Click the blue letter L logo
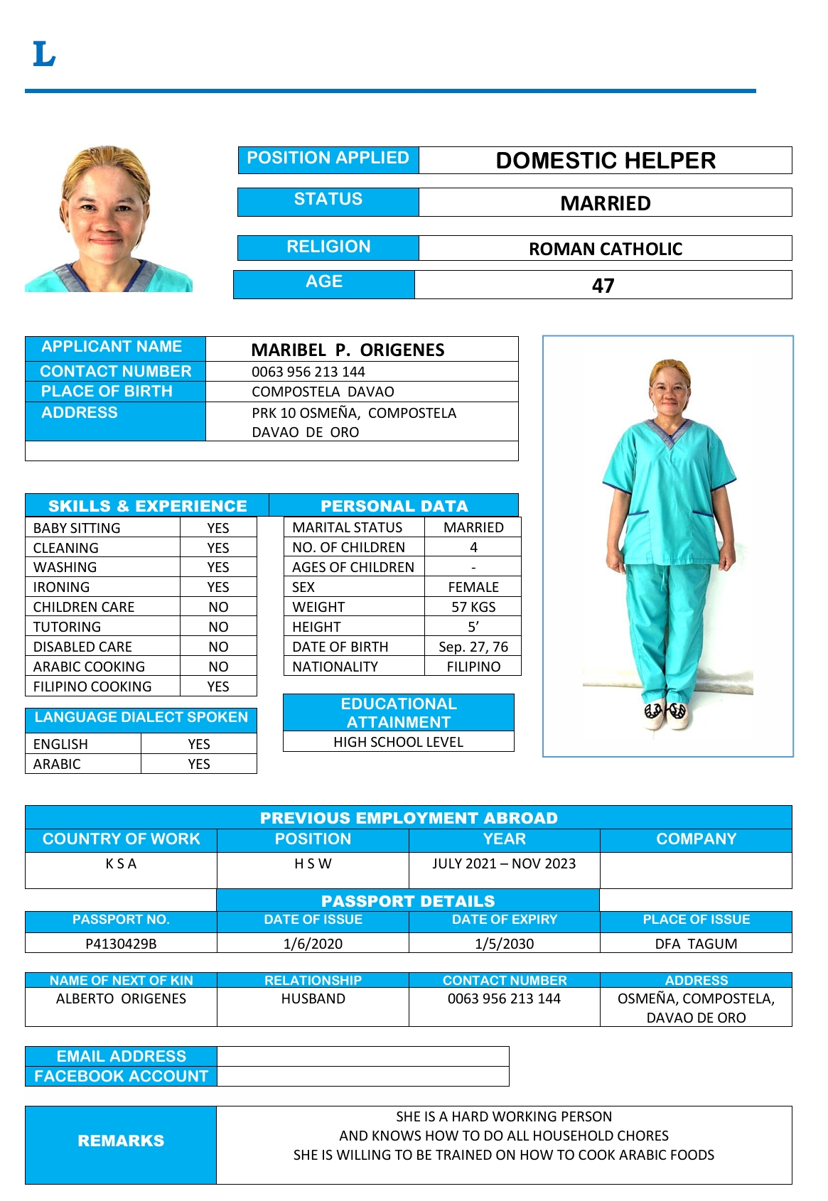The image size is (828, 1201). pyautogui.click(x=43, y=54)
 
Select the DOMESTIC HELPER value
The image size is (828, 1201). pyautogui.click(x=605, y=161)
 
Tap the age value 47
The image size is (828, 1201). pyautogui.click(x=603, y=286)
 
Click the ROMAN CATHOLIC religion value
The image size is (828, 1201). pyautogui.click(x=605, y=249)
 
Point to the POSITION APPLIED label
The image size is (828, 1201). pyautogui.click(x=328, y=158)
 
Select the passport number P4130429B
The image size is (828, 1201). pyautogui.click(x=121, y=944)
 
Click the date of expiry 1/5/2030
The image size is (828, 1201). pyautogui.click(x=504, y=944)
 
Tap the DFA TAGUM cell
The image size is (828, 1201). pyautogui.click(x=696, y=944)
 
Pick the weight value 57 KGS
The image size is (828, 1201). pyautogui.click(x=473, y=607)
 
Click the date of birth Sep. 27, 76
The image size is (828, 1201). pyautogui.click(x=473, y=647)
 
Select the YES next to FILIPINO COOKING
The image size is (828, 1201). pyautogui.click(x=218, y=686)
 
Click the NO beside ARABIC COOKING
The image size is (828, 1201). pyautogui.click(x=218, y=667)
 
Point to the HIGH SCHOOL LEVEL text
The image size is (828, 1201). pyautogui.click(x=398, y=742)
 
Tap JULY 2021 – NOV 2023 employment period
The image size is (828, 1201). pyautogui.click(x=504, y=863)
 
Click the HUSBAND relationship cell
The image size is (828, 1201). pyautogui.click(x=313, y=998)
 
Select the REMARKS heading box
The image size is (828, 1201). pyautogui.click(x=121, y=1141)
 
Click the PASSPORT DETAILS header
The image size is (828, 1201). pyautogui.click(x=408, y=901)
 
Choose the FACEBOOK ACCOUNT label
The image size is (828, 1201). pyautogui.click(x=121, y=1076)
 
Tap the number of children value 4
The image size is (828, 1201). pyautogui.click(x=473, y=547)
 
